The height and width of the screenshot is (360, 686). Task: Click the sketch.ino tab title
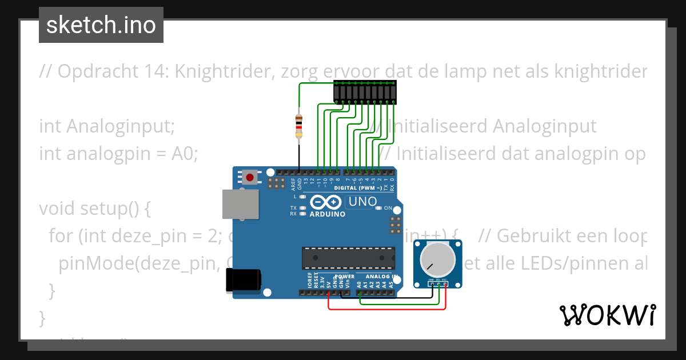101,25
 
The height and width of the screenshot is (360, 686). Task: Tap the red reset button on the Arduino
250,177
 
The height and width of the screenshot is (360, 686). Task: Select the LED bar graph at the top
365,92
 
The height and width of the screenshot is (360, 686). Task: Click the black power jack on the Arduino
244,280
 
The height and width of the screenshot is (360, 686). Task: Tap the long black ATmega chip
348,258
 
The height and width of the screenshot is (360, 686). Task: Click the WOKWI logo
607,315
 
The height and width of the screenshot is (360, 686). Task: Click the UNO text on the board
362,201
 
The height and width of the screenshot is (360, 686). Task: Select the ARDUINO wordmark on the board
327,214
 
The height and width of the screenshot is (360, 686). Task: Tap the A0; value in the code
184,154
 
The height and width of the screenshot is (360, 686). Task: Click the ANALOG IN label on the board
378,277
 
